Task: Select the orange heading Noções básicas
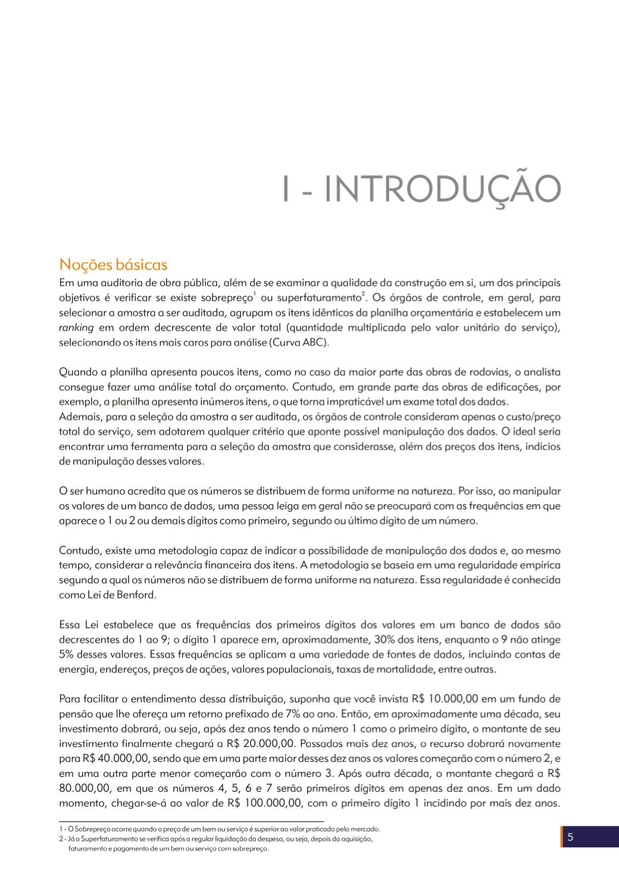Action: (113, 264)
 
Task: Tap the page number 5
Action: (570, 837)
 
